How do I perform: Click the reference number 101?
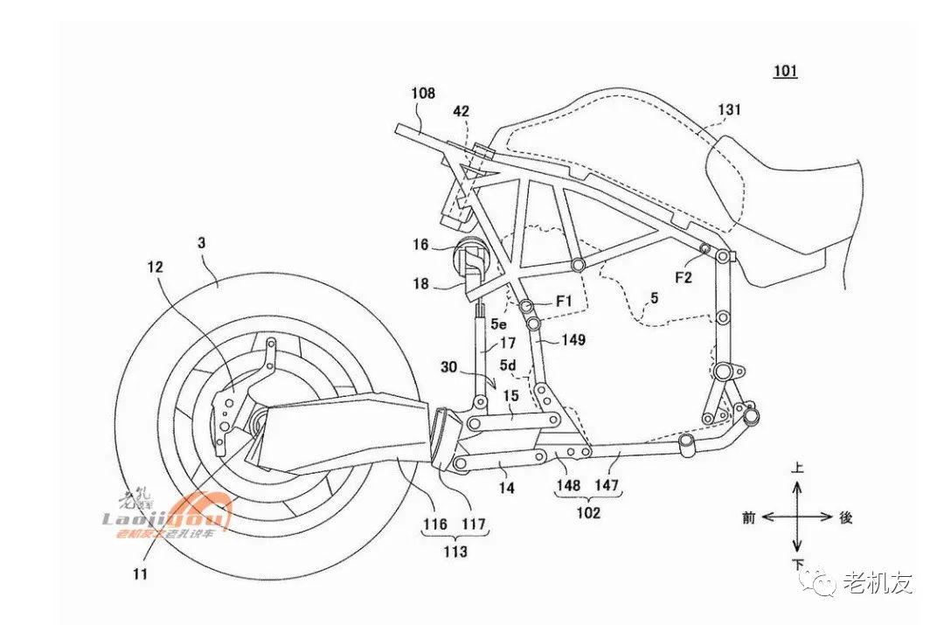784,71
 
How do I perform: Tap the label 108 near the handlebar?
423,92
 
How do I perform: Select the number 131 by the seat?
729,110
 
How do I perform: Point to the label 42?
460,111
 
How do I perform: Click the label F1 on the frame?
565,300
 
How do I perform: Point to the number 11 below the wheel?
142,574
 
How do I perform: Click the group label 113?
455,552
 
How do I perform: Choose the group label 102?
587,512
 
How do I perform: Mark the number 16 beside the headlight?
421,246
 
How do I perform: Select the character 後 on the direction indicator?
845,517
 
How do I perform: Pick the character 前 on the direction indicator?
748,517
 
